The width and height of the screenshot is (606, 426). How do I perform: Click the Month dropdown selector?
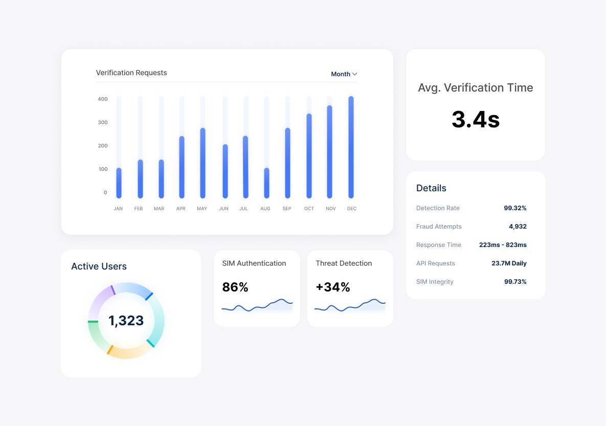344,74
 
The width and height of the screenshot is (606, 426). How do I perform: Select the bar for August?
266,183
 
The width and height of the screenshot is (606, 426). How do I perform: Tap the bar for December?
351,147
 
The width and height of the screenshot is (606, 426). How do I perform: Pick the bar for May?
203,163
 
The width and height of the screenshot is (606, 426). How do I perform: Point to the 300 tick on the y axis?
103,122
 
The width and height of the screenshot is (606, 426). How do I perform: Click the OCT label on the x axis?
309,208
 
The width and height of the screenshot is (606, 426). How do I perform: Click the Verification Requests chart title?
131,73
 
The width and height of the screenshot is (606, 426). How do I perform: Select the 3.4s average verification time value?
476,119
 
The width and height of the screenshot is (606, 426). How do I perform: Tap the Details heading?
431,188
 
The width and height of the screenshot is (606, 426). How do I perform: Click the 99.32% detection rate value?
515,208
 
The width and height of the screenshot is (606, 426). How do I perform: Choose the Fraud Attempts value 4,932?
518,227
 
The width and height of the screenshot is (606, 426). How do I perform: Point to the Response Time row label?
439,244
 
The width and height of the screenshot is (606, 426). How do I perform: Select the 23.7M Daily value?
509,263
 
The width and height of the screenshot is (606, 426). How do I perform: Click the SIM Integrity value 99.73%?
515,282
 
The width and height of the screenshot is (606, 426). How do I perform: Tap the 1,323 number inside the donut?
126,321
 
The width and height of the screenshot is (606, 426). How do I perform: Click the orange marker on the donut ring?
110,349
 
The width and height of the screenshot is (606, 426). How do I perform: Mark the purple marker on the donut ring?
113,290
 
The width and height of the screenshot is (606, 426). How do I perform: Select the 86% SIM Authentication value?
235,287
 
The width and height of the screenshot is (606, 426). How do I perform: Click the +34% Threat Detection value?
333,287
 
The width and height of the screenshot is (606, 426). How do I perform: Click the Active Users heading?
99,266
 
